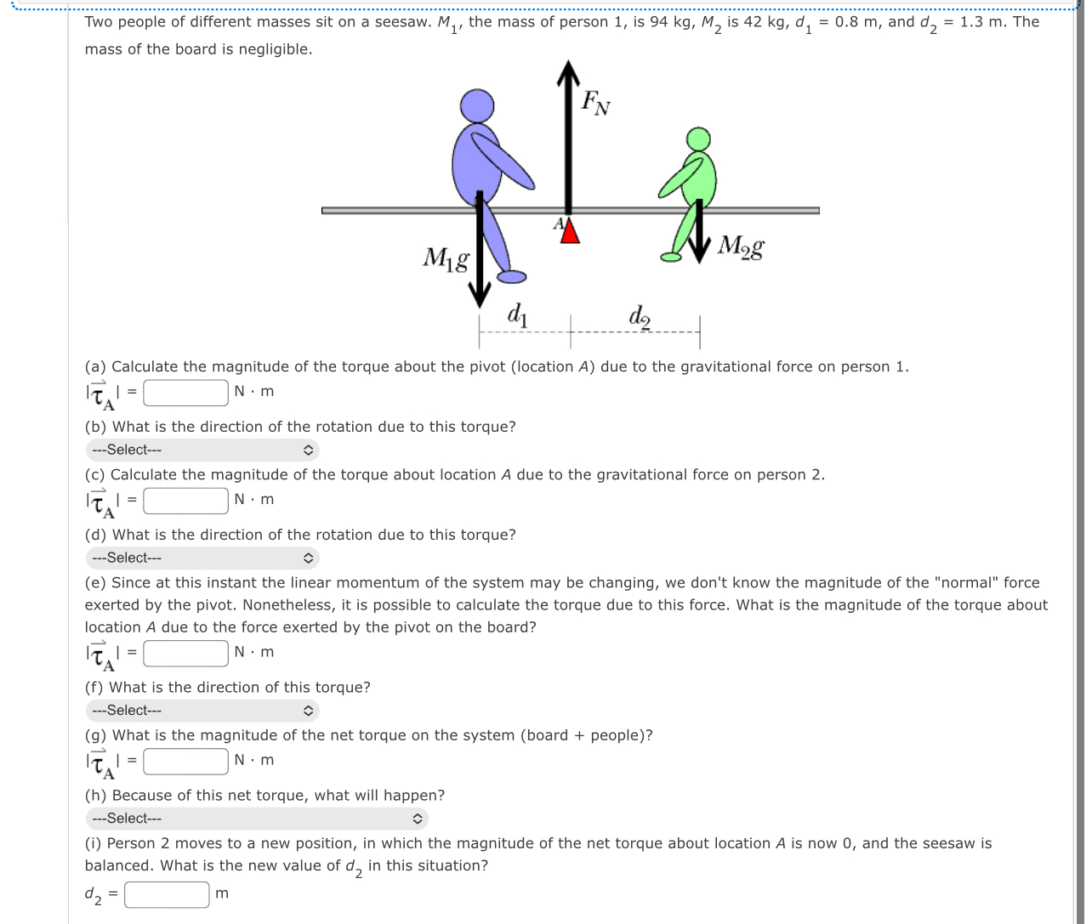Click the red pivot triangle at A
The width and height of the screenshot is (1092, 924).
(x=570, y=230)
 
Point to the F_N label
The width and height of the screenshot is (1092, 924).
(x=595, y=104)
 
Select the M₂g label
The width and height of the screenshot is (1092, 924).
(x=740, y=247)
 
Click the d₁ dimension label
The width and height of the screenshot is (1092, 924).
(x=518, y=315)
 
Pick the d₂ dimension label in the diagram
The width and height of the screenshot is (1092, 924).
(x=640, y=315)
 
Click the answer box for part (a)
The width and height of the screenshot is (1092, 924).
(x=185, y=392)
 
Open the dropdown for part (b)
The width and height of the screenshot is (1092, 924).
(x=202, y=450)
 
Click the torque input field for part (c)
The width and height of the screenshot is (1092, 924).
(x=185, y=500)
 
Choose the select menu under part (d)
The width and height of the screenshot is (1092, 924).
(x=202, y=558)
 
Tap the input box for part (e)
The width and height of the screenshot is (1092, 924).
(x=185, y=652)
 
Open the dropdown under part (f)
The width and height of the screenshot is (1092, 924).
(x=202, y=710)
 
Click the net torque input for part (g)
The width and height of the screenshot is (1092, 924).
(x=185, y=760)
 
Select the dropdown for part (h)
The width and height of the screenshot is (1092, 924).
(x=256, y=819)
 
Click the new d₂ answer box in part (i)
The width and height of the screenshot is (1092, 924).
(x=168, y=893)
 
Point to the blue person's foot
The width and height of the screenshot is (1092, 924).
(x=510, y=276)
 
